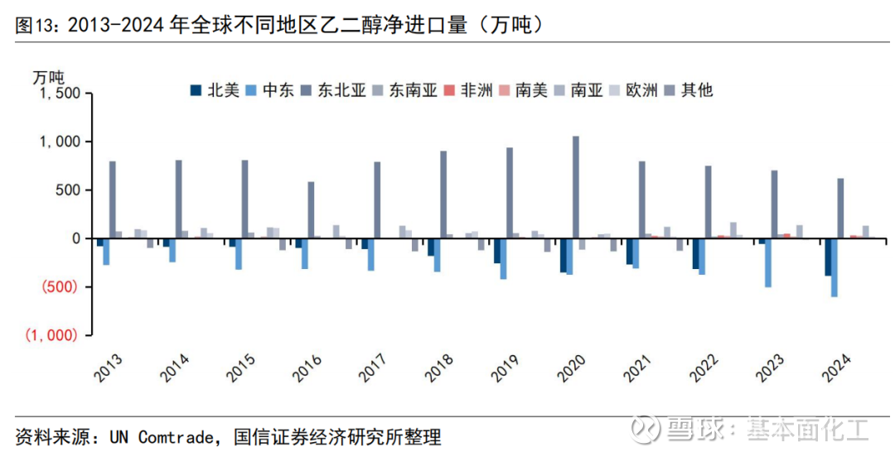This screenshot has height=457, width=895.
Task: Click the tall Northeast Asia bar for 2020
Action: click(x=576, y=187)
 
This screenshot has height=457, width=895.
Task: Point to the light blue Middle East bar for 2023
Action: click(x=768, y=262)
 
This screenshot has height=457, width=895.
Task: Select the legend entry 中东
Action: click(x=272, y=89)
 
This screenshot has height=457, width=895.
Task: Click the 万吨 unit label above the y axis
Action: click(x=48, y=77)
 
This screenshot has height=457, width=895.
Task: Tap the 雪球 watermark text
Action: click(x=685, y=430)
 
